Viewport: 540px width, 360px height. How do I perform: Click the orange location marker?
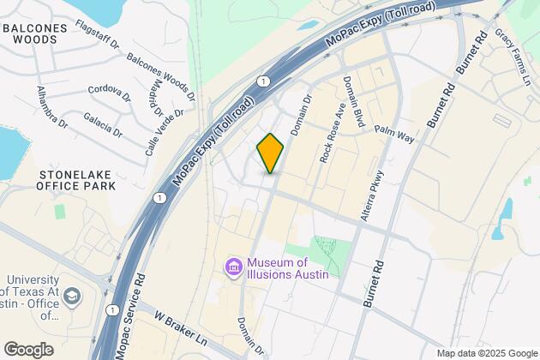click(x=270, y=153)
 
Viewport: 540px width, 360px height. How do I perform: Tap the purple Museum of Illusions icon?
click(x=233, y=267)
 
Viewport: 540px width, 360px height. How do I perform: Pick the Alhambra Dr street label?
click(x=51, y=107)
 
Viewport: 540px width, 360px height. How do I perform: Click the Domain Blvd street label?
click(x=354, y=104)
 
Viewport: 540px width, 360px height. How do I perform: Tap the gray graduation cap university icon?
click(x=73, y=297)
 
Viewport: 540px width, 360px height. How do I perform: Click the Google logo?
click(x=28, y=349)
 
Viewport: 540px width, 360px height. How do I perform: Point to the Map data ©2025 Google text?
click(x=485, y=353)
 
